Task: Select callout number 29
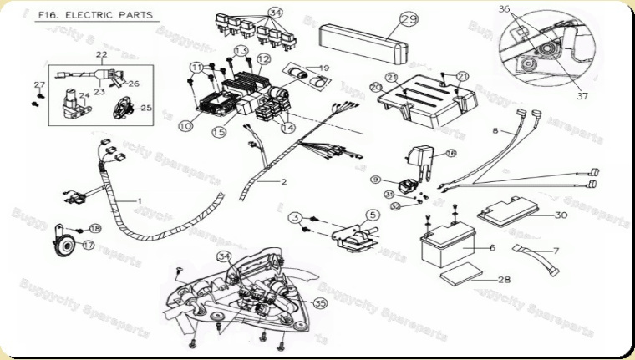coord(409,21)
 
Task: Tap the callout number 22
coord(101,55)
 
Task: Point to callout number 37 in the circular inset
coord(582,96)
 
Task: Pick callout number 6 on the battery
coord(491,247)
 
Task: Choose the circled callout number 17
coord(89,246)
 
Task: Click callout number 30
coord(561,215)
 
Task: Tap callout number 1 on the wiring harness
coord(140,201)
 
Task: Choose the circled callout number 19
coord(323,68)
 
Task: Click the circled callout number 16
coord(450,153)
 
